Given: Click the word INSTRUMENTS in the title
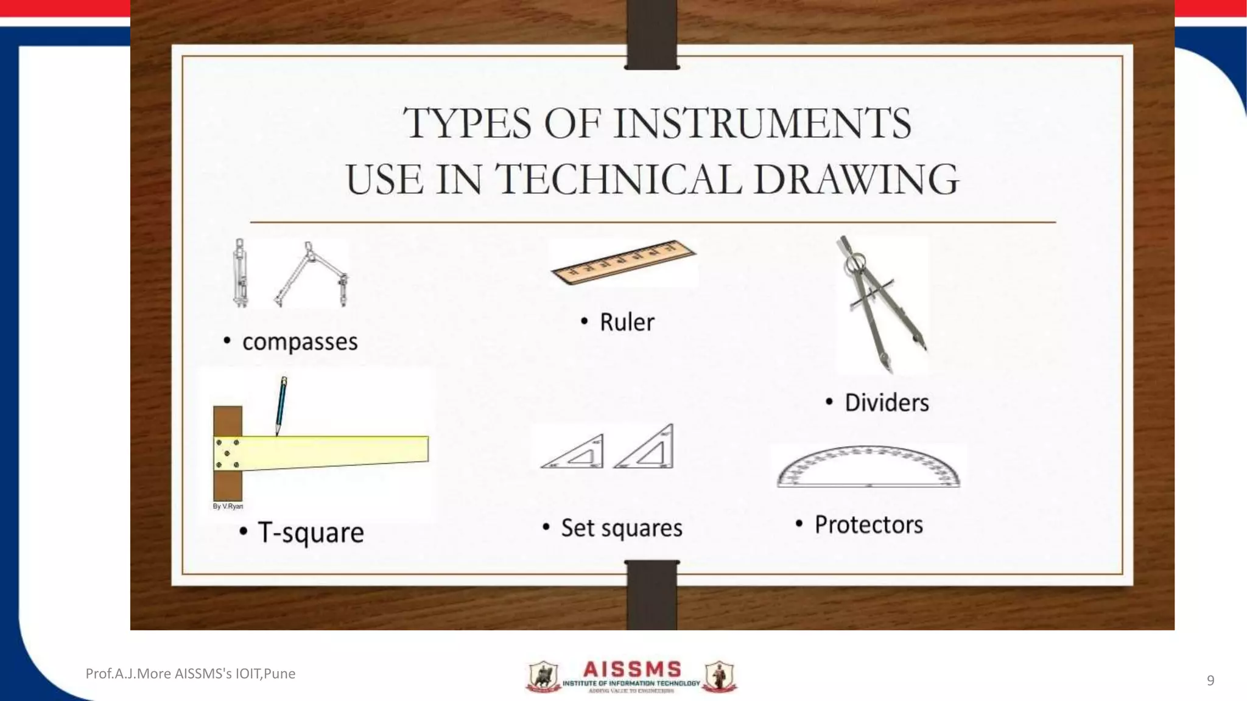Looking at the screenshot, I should tap(762, 124).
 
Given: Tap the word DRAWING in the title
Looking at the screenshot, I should tap(855, 180).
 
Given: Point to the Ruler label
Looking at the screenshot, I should tap(627, 322).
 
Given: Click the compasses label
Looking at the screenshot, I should tap(300, 342).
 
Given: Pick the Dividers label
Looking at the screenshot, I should tap(887, 403).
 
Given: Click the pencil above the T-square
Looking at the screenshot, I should tap(281, 405).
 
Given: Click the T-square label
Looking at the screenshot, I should tap(311, 533).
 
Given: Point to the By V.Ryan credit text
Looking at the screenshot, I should tap(228, 506).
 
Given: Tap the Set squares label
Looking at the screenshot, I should tap(621, 528).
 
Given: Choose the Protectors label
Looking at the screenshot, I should tap(868, 525).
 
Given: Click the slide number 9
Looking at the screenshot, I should tap(1210, 680).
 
